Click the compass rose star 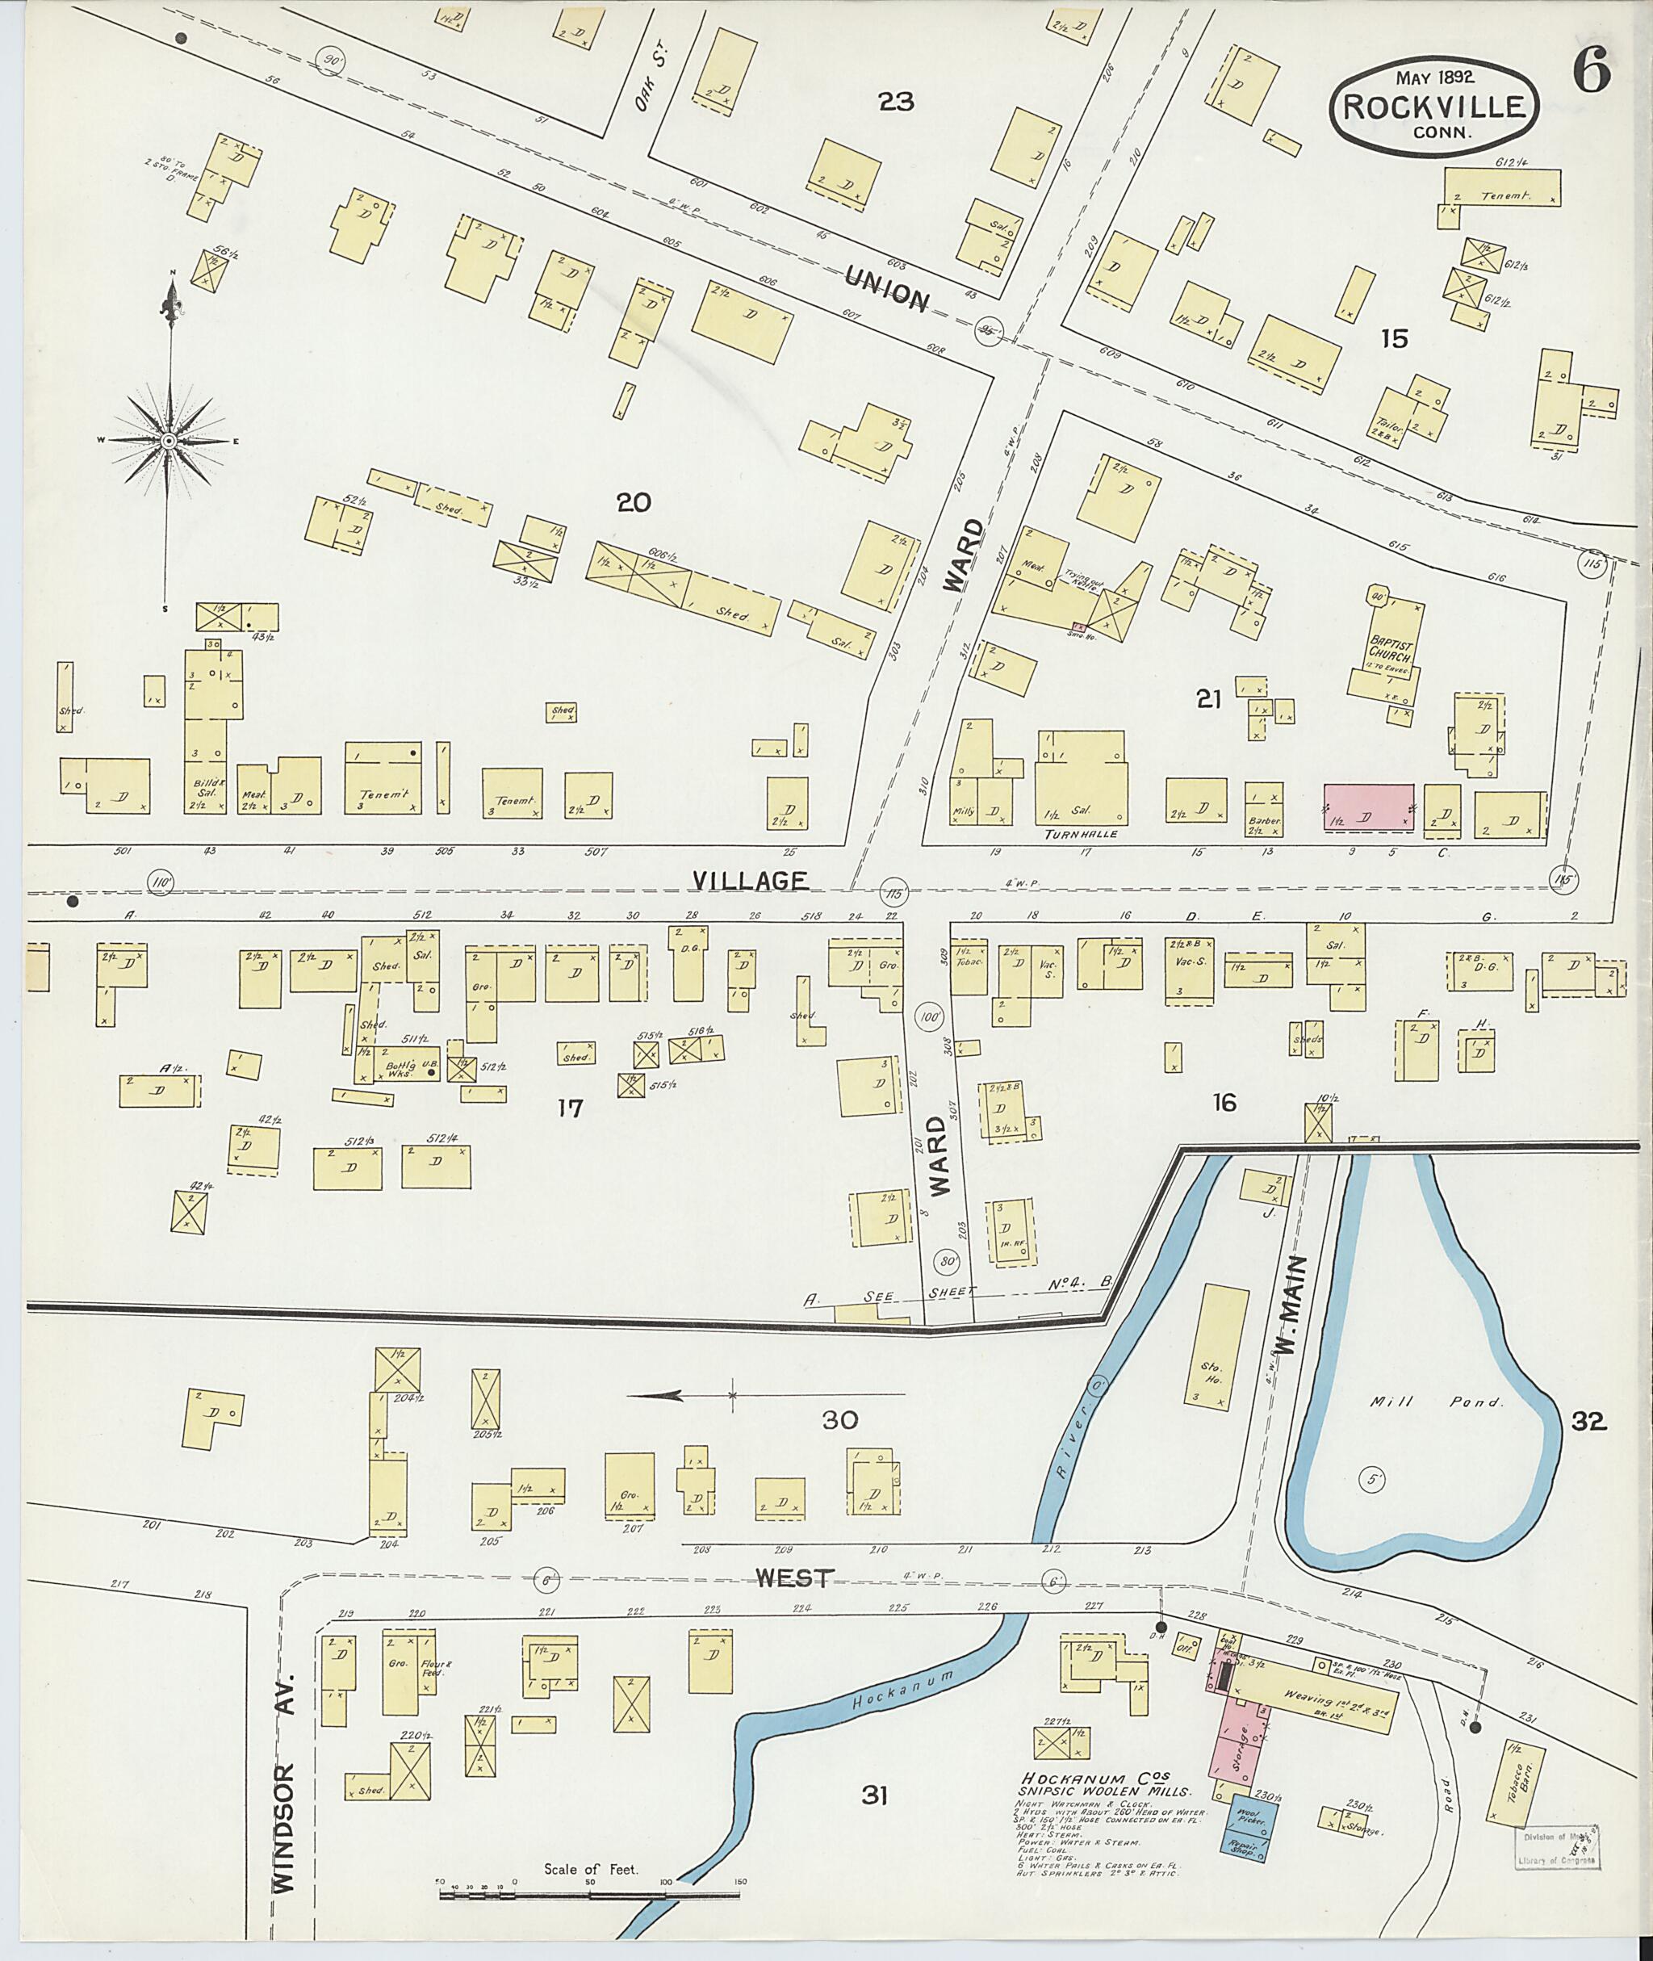click(x=169, y=441)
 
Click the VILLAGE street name click(x=750, y=880)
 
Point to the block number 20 click(x=634, y=504)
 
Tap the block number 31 click(x=873, y=1794)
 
